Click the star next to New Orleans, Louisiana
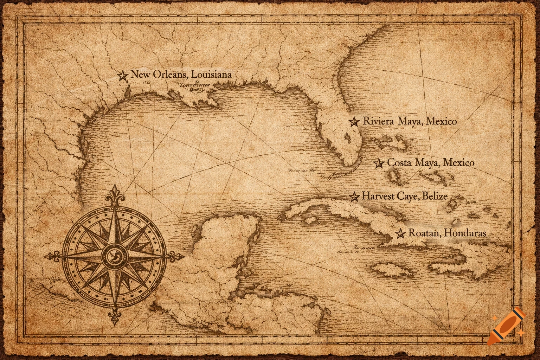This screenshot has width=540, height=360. pyautogui.click(x=123, y=75)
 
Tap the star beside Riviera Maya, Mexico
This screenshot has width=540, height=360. pyautogui.click(x=354, y=122)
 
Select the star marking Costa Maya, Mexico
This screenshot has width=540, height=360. pyautogui.click(x=378, y=163)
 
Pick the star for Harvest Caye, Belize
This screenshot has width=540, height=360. pyautogui.click(x=354, y=196)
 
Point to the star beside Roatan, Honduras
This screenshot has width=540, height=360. pyautogui.click(x=400, y=233)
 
